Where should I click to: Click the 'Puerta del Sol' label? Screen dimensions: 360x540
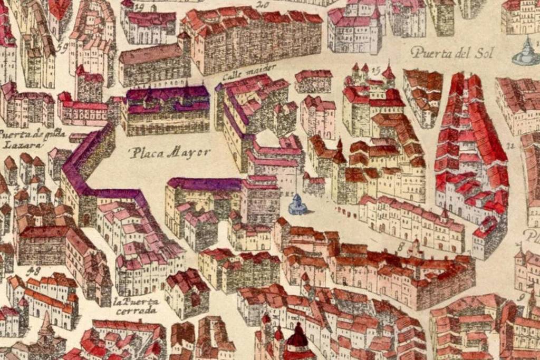[x=448, y=52]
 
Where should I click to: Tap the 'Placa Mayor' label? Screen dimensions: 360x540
[x=170, y=153]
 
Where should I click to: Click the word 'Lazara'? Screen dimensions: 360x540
[x=16, y=144]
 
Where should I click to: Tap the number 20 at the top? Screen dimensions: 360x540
[x=262, y=5]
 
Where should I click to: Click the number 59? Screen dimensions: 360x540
[x=62, y=48]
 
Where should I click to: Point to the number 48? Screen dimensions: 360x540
[x=36, y=270]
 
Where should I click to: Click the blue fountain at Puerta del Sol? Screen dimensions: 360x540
[x=526, y=53]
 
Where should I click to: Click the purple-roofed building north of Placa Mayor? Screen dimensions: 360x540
[x=168, y=108]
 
